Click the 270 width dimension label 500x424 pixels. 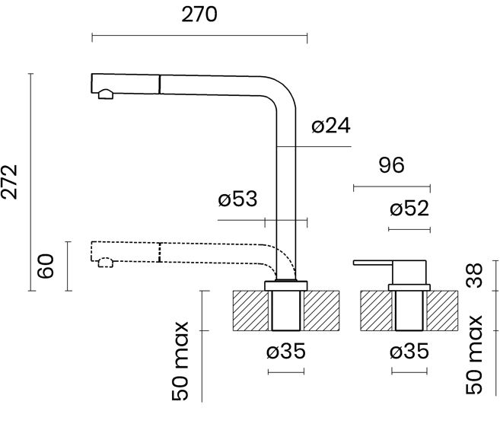coord(200,14)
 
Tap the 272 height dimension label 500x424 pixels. coord(11,182)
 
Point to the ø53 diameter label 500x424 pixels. coord(237,200)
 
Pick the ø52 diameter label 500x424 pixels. coord(409,209)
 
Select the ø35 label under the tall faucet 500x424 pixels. coord(287,352)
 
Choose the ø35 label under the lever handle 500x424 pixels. coord(409,352)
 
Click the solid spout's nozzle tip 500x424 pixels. coord(105,94)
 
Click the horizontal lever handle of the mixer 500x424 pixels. coord(373,263)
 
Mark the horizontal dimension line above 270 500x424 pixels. coord(199,35)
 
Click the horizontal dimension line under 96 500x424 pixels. coord(391,186)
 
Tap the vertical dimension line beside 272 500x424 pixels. coord(30,182)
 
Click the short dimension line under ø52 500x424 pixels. coord(409,229)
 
